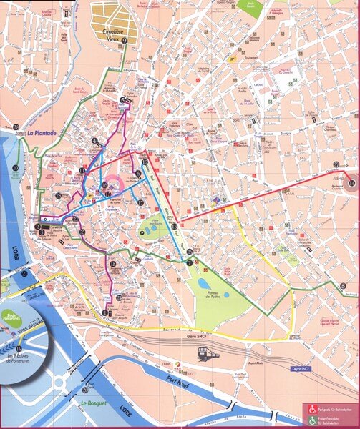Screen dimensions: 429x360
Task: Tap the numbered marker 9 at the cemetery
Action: [x=125, y=41]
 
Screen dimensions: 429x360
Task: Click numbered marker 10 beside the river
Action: [x=15, y=169]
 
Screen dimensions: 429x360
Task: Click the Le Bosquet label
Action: [x=93, y=403]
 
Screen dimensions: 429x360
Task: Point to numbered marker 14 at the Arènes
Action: [x=351, y=184]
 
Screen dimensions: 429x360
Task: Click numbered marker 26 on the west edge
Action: [x=16, y=127]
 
